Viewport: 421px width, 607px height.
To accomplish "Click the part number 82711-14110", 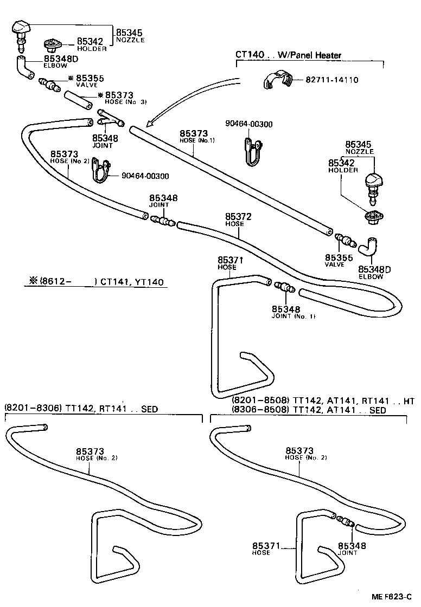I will point(331,80).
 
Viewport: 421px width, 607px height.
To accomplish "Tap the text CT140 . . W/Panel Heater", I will point(288,54).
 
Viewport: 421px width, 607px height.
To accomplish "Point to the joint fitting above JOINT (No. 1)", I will point(284,288).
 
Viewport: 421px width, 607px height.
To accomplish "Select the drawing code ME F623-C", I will point(391,596).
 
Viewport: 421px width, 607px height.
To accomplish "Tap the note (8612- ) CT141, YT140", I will point(96,282).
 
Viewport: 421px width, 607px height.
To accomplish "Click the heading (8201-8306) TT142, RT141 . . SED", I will point(81,409).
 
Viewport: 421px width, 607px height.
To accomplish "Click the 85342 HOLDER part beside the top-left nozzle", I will point(53,43).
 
